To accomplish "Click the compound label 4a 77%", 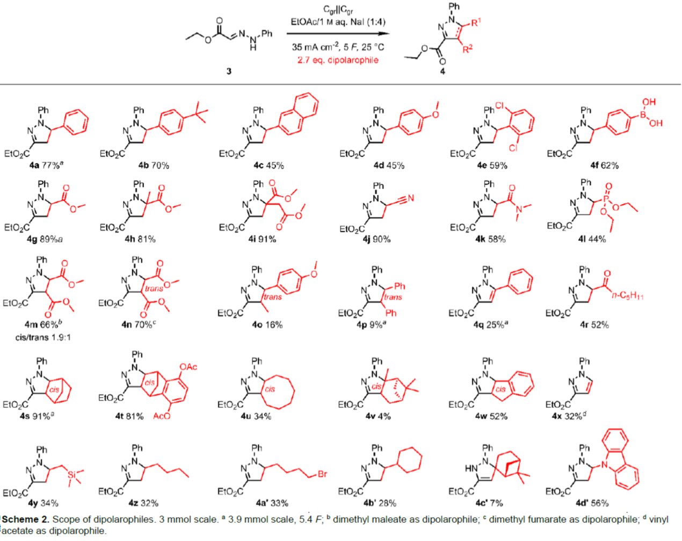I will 46,165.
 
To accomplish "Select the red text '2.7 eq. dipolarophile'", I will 338,60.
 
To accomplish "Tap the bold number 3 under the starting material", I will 229,71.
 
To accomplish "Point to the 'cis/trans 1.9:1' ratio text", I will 43,337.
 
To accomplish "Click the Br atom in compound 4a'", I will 322,474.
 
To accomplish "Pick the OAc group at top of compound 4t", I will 188,367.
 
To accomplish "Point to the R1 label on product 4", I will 476,22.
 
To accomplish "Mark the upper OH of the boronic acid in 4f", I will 649,102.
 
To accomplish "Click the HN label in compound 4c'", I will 470,468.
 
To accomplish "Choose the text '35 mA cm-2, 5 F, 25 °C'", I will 338,47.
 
